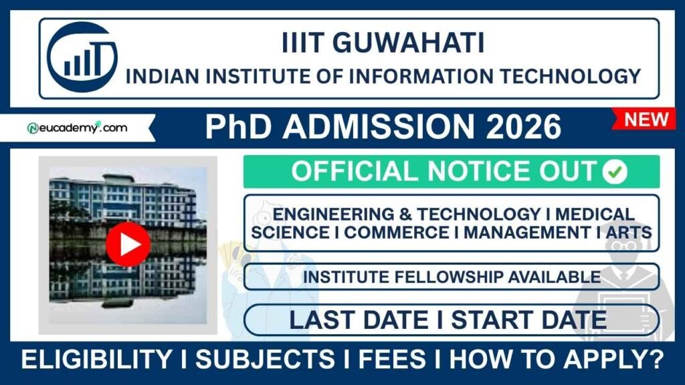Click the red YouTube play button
pyautogui.click(x=128, y=245)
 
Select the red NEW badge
pyautogui.click(x=646, y=120)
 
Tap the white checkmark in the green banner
pyautogui.click(x=614, y=172)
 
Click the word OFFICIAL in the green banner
pyautogui.click(x=352, y=172)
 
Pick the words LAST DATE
pyautogui.click(x=359, y=319)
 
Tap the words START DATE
pyautogui.click(x=528, y=319)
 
